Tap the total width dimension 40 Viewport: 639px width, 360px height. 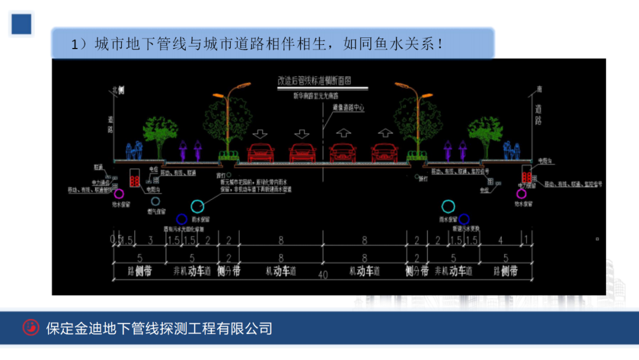[x=322, y=274]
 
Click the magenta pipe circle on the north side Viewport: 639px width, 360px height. [x=119, y=193]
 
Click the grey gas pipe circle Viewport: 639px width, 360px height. [x=155, y=201]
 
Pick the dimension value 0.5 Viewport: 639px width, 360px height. [x=115, y=240]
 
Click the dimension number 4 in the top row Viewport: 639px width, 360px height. [x=501, y=240]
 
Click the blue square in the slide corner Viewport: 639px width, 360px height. [x=21, y=24]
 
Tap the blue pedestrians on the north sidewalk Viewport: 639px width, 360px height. [x=134, y=152]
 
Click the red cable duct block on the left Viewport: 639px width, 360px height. [x=135, y=178]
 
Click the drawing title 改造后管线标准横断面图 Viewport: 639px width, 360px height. [x=322, y=80]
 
